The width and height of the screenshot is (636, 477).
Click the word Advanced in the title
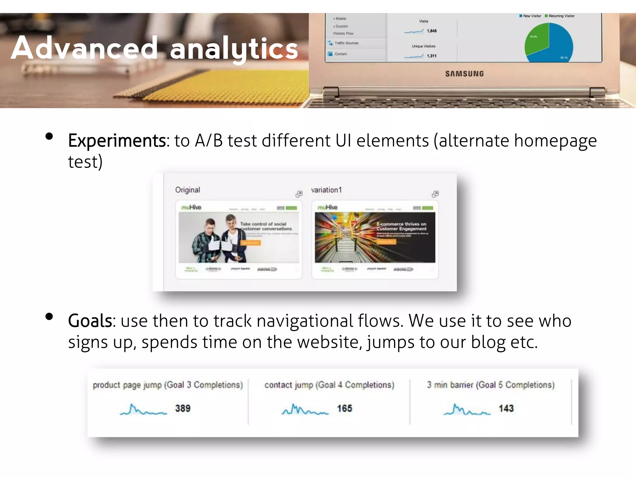[84, 48]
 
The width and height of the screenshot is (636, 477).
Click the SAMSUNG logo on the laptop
[464, 74]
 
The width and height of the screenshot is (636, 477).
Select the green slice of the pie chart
[537, 39]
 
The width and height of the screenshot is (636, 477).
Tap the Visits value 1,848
[431, 31]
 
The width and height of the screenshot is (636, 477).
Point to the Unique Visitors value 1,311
[431, 56]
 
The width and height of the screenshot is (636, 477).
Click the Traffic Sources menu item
[346, 43]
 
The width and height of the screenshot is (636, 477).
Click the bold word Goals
[90, 321]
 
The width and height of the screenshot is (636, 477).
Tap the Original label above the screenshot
[187, 190]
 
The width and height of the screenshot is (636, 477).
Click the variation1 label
[326, 190]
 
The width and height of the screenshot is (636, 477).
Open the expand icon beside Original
[299, 194]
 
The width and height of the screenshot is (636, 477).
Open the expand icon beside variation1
[435, 194]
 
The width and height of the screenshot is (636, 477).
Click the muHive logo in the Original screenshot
[191, 207]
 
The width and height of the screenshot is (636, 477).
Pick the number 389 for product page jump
[183, 408]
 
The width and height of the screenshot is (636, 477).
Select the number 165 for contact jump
[344, 408]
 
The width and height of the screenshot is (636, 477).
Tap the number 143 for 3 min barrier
[506, 408]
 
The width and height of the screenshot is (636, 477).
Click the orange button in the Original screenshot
[251, 243]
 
